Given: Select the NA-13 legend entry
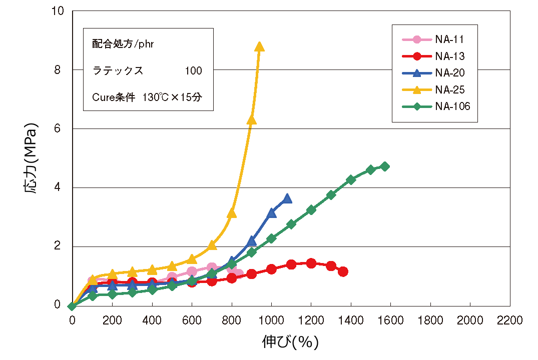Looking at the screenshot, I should tap(435, 56).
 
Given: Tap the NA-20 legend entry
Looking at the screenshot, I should tap(435, 73).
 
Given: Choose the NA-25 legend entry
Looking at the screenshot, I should tap(435, 89).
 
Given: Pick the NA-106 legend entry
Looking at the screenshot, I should tap(435, 106).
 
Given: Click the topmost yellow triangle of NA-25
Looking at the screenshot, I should tap(259, 46).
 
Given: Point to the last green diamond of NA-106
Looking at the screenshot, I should tap(384, 166).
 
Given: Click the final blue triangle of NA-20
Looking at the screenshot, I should tap(287, 198).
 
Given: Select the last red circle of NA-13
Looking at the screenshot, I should tap(343, 271).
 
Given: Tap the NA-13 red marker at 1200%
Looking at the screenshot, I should tap(311, 263).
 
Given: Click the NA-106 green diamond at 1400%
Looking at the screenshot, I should tap(351, 179).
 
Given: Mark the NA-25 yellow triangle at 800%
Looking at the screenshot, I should tap(232, 213).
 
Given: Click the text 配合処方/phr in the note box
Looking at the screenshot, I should tap(123, 44).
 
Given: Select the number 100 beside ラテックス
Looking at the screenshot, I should tap(193, 71).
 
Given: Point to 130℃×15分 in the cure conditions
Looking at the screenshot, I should tap(173, 97).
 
